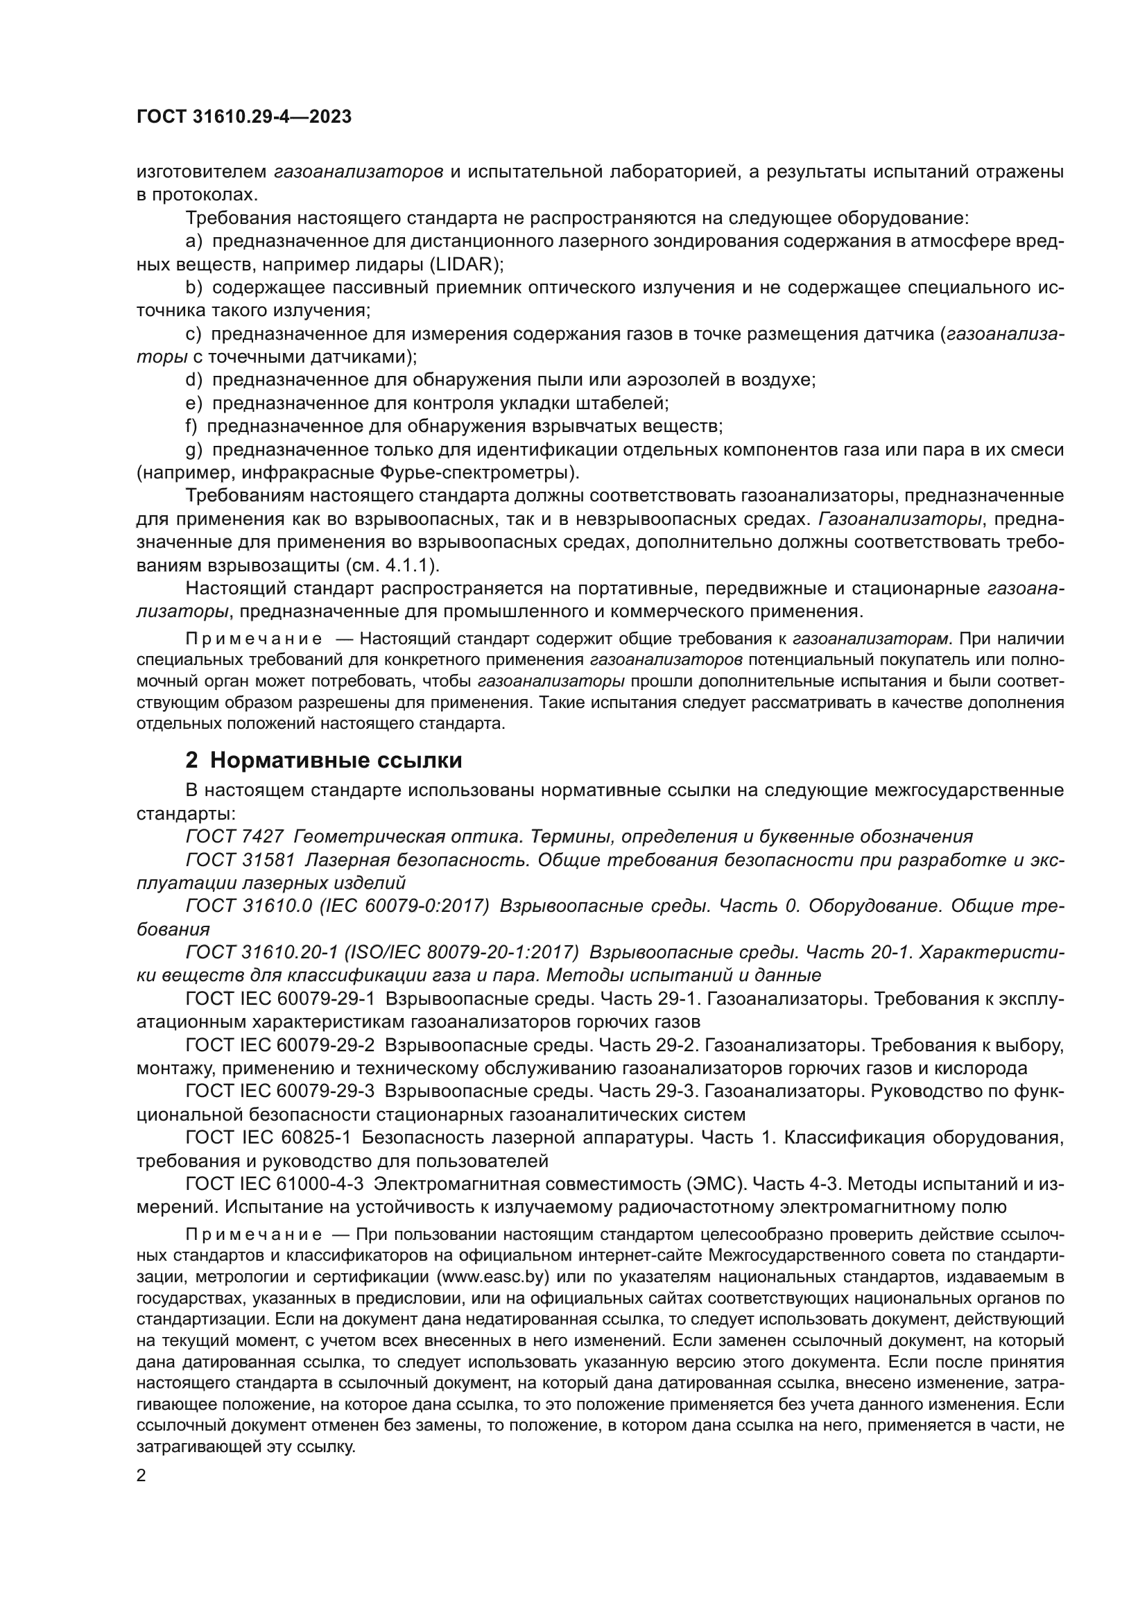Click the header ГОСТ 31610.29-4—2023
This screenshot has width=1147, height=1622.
[x=243, y=117]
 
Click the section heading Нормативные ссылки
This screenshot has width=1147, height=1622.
[x=336, y=761]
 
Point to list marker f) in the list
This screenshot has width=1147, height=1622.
[x=191, y=426]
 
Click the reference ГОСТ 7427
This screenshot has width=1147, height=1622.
[x=234, y=837]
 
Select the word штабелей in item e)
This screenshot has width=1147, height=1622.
[x=621, y=404]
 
